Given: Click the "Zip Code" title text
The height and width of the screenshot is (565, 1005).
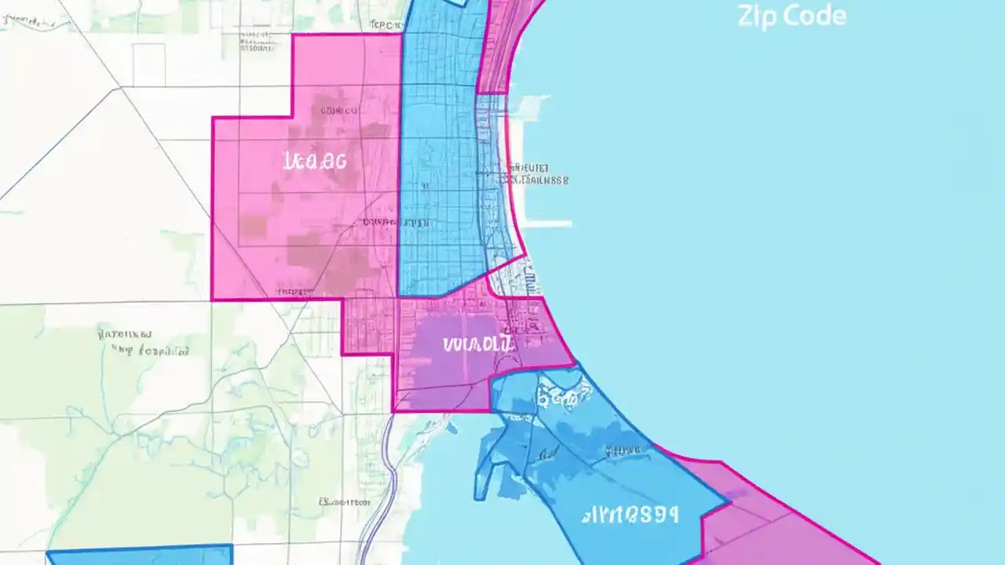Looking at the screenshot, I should (x=791, y=16).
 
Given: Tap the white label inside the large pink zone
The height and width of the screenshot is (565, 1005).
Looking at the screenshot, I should (x=314, y=162).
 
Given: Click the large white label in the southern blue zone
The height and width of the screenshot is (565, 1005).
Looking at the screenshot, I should (x=630, y=515).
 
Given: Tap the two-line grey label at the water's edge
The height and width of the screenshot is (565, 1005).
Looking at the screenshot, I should (x=537, y=174).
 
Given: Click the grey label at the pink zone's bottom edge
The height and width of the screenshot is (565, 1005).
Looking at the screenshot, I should (x=292, y=292).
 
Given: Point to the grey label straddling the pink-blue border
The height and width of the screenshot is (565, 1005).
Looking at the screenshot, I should (x=397, y=223).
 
